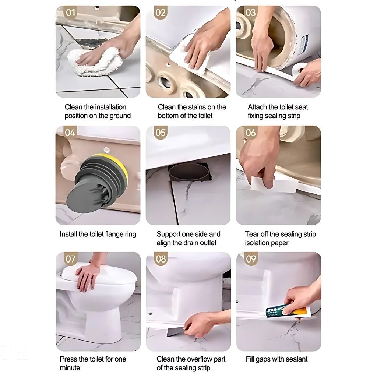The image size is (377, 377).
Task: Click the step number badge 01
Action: click(x=70, y=12)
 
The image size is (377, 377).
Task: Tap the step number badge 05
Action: click(x=161, y=133)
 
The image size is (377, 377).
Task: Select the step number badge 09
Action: click(x=251, y=259)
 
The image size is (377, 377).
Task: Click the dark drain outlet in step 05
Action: click(x=189, y=172)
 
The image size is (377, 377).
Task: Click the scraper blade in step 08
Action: click(x=176, y=332)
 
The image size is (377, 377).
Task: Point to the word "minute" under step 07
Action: click(x=70, y=368)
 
